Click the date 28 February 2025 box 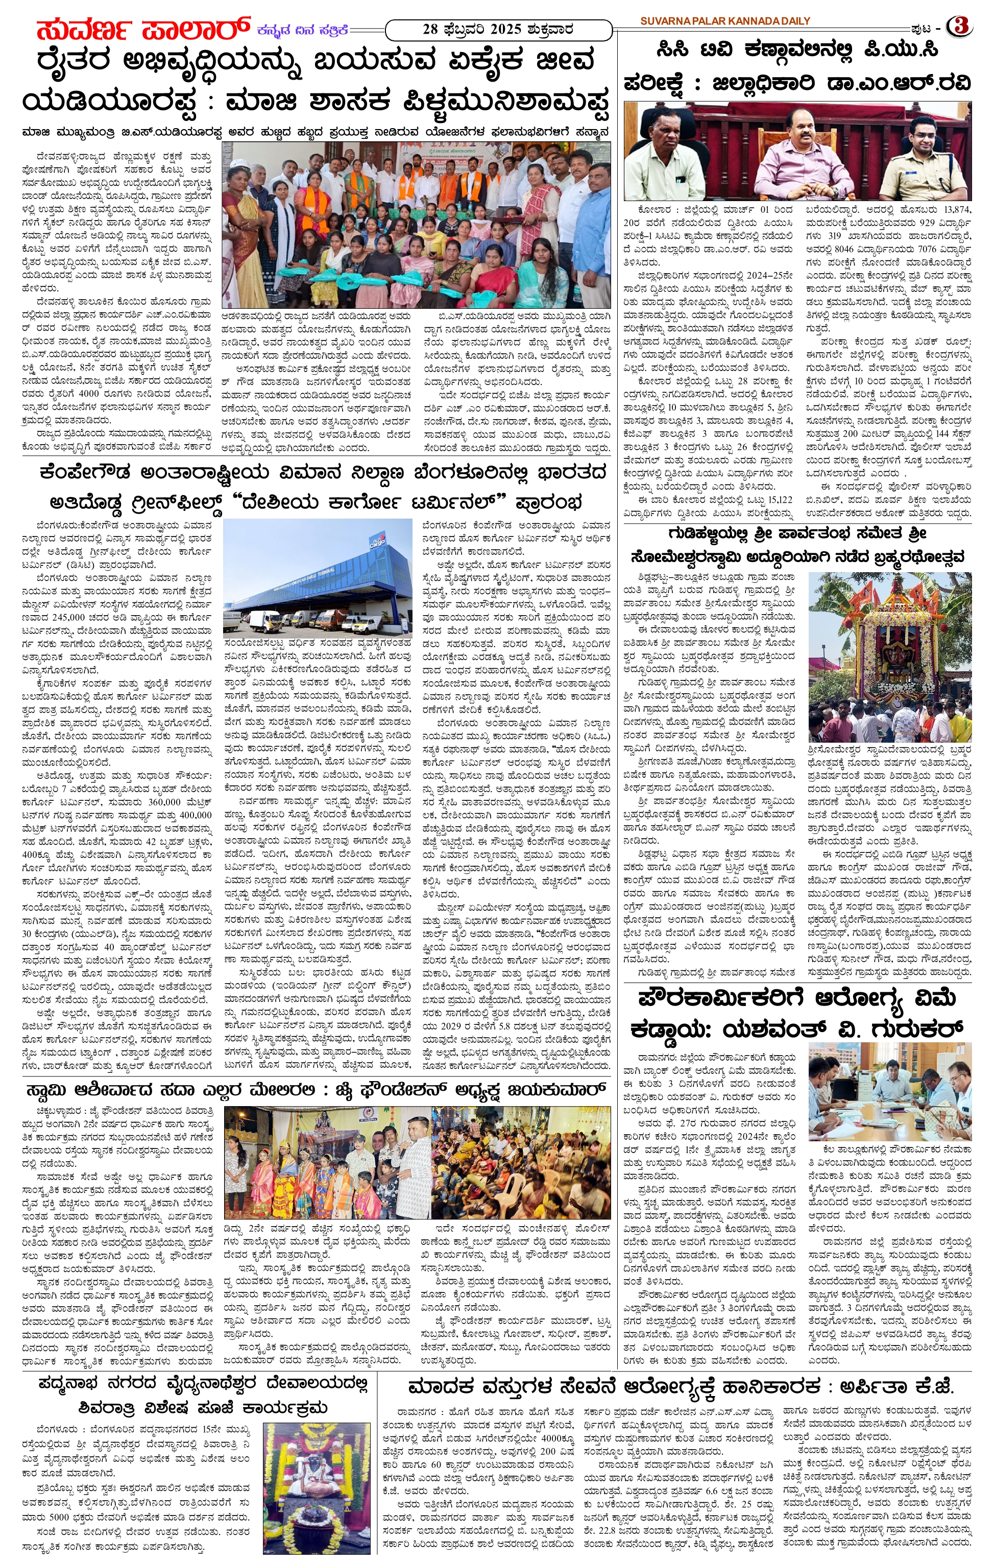pos(498,29)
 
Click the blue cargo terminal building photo pos(318,578)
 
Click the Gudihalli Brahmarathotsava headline pos(797,545)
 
